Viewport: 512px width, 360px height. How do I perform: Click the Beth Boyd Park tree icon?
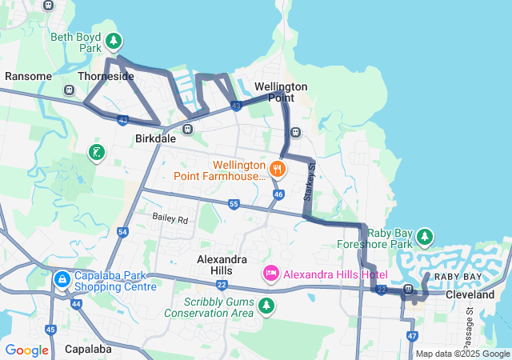click(x=114, y=40)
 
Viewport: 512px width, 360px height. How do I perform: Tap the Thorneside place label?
click(x=106, y=76)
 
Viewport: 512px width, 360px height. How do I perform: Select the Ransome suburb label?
click(x=29, y=76)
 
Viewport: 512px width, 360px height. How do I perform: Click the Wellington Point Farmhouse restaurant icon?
click(x=278, y=168)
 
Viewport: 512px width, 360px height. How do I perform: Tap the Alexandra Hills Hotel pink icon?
click(x=271, y=274)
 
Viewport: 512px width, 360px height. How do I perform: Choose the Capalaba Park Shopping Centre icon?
click(x=62, y=280)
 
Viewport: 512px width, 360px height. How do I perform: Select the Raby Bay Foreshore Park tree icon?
click(x=425, y=237)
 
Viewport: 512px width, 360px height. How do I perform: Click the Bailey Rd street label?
click(x=170, y=218)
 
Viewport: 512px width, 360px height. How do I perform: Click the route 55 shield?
click(x=233, y=205)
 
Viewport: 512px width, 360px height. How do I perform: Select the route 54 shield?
click(x=122, y=232)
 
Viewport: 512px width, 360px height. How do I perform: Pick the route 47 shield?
click(x=412, y=336)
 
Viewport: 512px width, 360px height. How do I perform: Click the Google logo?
click(x=26, y=350)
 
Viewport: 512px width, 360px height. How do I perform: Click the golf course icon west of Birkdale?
click(x=97, y=152)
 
